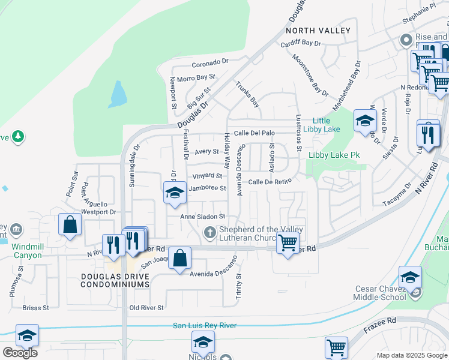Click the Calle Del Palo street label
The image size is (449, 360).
tap(254, 133)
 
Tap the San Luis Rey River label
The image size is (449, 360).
tap(205, 326)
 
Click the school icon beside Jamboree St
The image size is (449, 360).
tap(175, 193)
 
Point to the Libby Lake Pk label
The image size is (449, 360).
tap(334, 155)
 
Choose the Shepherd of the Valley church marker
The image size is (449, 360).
tap(209, 232)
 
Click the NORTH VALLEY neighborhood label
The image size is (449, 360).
tap(318, 30)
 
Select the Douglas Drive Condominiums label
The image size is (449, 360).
tap(116, 280)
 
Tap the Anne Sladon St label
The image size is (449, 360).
tap(202, 217)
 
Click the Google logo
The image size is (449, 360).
tap(20, 353)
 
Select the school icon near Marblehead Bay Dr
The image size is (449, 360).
tap(365, 121)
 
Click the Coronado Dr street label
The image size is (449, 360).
tap(210, 62)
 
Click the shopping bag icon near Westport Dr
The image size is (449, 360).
tap(70, 225)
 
